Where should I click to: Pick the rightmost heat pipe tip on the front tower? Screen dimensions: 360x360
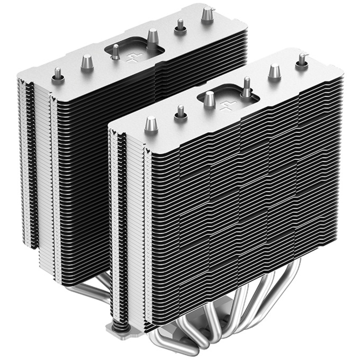302,60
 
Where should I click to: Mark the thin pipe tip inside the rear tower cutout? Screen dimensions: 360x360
115,52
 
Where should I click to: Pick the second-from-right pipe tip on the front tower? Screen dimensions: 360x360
274,72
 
